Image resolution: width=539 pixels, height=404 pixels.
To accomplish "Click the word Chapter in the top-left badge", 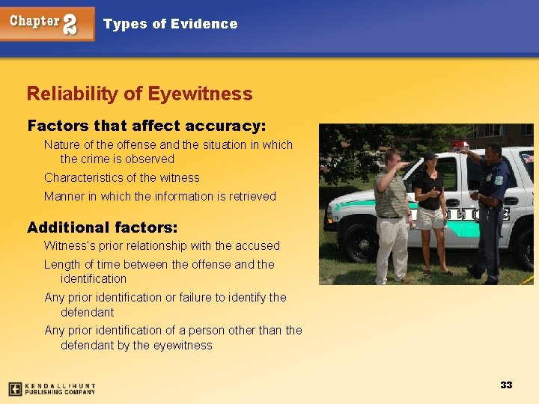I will (34, 21).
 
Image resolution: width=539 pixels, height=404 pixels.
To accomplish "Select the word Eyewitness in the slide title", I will (200, 94).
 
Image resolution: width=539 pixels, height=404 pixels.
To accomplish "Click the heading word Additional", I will (69, 227).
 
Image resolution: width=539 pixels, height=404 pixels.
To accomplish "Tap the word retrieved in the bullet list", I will (251, 197).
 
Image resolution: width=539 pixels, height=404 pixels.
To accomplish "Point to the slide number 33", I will (506, 385).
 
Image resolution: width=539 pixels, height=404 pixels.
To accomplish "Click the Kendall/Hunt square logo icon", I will (14, 388).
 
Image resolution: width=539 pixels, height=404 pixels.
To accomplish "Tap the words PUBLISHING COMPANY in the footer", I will (60, 391).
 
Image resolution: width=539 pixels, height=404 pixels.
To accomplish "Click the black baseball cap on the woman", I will (429, 156).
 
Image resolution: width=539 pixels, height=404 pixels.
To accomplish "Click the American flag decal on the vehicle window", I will (528, 159).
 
